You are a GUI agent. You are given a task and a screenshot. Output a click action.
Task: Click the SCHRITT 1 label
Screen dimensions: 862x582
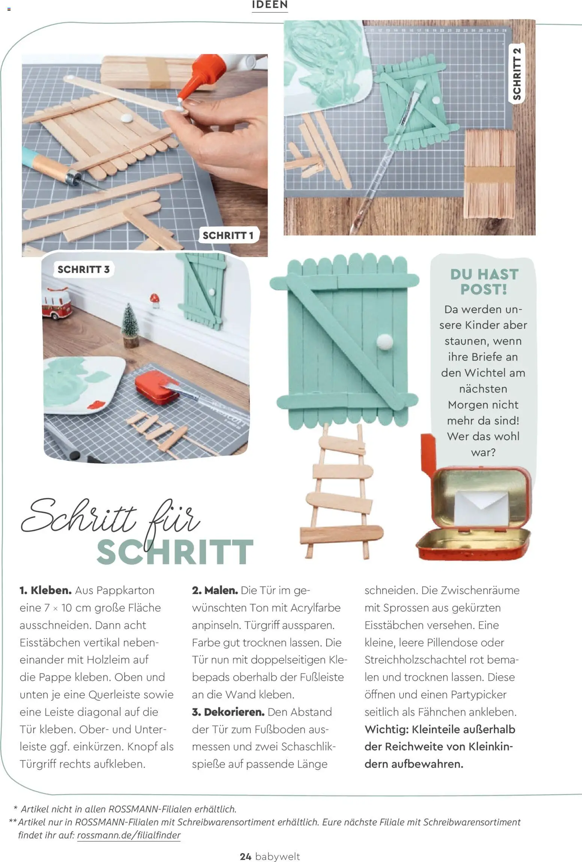(228, 235)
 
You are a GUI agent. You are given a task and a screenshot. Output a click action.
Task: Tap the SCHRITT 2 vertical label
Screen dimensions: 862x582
(517, 74)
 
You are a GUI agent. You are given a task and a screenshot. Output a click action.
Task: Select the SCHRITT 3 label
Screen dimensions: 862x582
(83, 269)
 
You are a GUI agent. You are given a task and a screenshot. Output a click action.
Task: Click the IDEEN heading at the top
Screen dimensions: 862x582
(270, 5)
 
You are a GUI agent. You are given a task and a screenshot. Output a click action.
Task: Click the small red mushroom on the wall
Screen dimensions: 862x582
(154, 298)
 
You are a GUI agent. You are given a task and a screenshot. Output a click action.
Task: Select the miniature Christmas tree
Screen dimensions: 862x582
(130, 325)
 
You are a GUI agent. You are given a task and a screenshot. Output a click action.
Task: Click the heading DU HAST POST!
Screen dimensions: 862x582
(484, 281)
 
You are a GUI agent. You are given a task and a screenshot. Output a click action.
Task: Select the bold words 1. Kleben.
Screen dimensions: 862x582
(45, 590)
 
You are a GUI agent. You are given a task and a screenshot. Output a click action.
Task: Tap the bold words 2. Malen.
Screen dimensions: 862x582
(215, 590)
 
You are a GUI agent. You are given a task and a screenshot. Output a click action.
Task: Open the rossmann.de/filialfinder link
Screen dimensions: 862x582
(129, 835)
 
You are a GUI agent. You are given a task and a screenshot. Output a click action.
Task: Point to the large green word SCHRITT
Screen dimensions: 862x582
(175, 552)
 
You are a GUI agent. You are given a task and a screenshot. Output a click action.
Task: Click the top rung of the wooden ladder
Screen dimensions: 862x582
(343, 446)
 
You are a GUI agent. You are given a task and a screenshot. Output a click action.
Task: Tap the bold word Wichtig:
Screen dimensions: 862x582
(386, 729)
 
